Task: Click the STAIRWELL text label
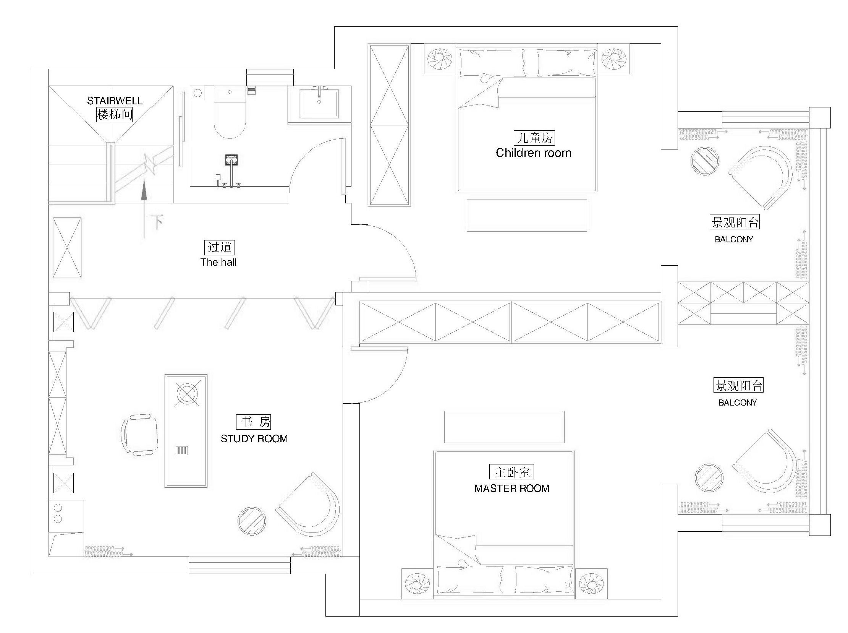pyautogui.click(x=115, y=101)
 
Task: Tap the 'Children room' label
pyautogui.click(x=533, y=153)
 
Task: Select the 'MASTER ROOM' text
pyautogui.click(x=512, y=489)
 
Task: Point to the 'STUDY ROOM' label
pyautogui.click(x=254, y=439)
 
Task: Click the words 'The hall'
pyautogui.click(x=218, y=262)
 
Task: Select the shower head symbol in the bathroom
pyautogui.click(x=231, y=160)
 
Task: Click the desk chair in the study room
pyautogui.click(x=140, y=435)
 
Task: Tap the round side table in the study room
pyautogui.click(x=251, y=521)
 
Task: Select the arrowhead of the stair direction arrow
pyautogui.click(x=144, y=189)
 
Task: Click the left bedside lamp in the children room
pyautogui.click(x=440, y=58)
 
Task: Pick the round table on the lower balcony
pyautogui.click(x=709, y=477)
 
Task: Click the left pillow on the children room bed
pyautogui.click(x=492, y=63)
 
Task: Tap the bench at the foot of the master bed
pyautogui.click(x=504, y=427)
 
